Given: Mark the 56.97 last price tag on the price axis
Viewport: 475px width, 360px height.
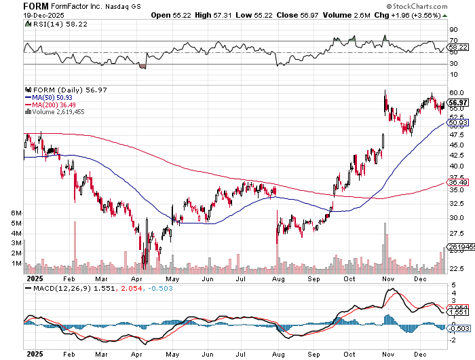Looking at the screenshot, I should [x=456, y=103].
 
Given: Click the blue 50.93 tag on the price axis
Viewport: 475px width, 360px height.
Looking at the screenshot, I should [x=456, y=122].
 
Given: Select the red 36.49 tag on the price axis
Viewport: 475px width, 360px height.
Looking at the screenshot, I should [x=456, y=182].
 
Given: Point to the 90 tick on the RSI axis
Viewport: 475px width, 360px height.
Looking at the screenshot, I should [x=453, y=30].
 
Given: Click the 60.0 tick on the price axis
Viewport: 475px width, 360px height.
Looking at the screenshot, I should [x=456, y=92].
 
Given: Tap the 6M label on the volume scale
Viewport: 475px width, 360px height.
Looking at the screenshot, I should [x=17, y=213].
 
